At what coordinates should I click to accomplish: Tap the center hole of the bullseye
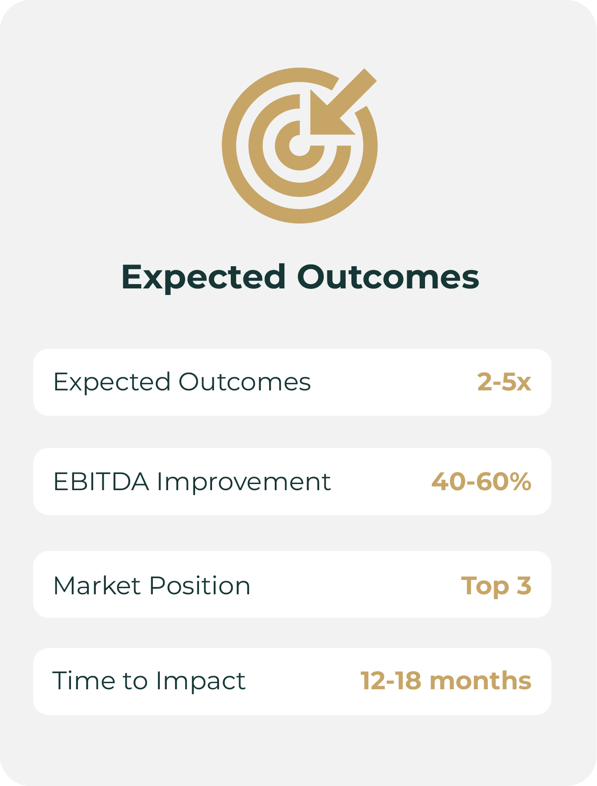pos(300,146)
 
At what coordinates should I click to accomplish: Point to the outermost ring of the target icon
pos(229,146)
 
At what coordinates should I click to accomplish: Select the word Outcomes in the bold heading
pos(388,277)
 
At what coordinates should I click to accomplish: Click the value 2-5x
pos(504,382)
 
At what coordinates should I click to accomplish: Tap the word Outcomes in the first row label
pos(245,382)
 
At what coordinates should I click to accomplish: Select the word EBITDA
pos(101,481)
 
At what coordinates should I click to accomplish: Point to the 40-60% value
pos(481,481)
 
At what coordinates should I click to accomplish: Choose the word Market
pos(97,585)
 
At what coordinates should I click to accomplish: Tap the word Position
pos(200,585)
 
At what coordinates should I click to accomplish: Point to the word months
pos(480,681)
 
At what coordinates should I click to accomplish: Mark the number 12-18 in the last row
pos(391,681)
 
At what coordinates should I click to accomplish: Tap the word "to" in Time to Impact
pos(135,681)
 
